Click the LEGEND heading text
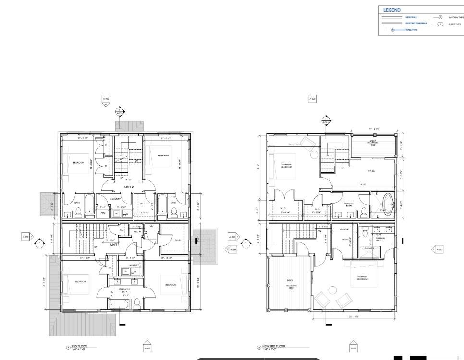coord(391,10)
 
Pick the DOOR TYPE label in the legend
coord(454,24)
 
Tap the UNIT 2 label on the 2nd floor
coord(129,187)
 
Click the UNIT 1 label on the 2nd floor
coord(115,245)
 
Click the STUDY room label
coord(371,171)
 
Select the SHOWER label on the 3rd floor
coord(369,248)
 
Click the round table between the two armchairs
coord(332,289)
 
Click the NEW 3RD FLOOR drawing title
coord(274,346)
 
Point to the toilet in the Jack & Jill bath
coord(137,303)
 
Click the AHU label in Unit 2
coord(103,212)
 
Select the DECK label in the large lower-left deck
coord(290,280)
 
